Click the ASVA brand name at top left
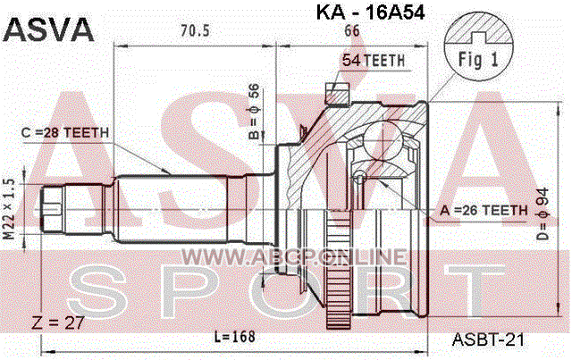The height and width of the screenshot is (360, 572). [48, 29]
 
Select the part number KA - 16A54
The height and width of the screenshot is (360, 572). [370, 12]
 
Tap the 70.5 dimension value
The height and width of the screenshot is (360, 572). [195, 31]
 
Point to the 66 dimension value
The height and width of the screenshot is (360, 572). [351, 31]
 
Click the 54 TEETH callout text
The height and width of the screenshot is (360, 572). [374, 60]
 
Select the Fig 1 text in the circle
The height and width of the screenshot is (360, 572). [478, 59]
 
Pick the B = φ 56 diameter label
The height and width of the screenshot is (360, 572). [254, 112]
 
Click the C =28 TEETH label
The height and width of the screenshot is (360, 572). [65, 132]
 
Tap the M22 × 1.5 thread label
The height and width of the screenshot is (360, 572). [9, 209]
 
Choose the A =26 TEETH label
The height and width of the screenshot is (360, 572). [484, 211]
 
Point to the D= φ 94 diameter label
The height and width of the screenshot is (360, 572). [543, 213]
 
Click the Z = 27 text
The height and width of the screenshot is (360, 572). [58, 322]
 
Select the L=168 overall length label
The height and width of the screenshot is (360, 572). [234, 337]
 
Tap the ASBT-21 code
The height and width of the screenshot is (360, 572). [488, 339]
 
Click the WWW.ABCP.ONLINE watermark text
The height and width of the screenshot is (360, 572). [294, 256]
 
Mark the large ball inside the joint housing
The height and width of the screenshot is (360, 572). [383, 140]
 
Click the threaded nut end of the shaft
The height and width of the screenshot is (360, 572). [52, 210]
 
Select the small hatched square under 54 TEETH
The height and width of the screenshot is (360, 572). [337, 94]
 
